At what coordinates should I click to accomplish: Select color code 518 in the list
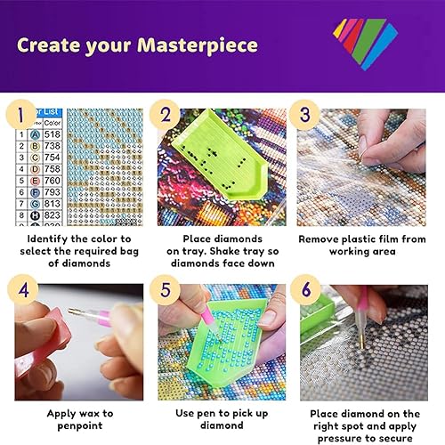pos(51,134)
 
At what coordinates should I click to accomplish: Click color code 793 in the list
pos(51,190)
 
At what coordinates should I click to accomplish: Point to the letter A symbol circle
pos(32,134)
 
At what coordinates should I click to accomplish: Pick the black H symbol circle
pos(32,216)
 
